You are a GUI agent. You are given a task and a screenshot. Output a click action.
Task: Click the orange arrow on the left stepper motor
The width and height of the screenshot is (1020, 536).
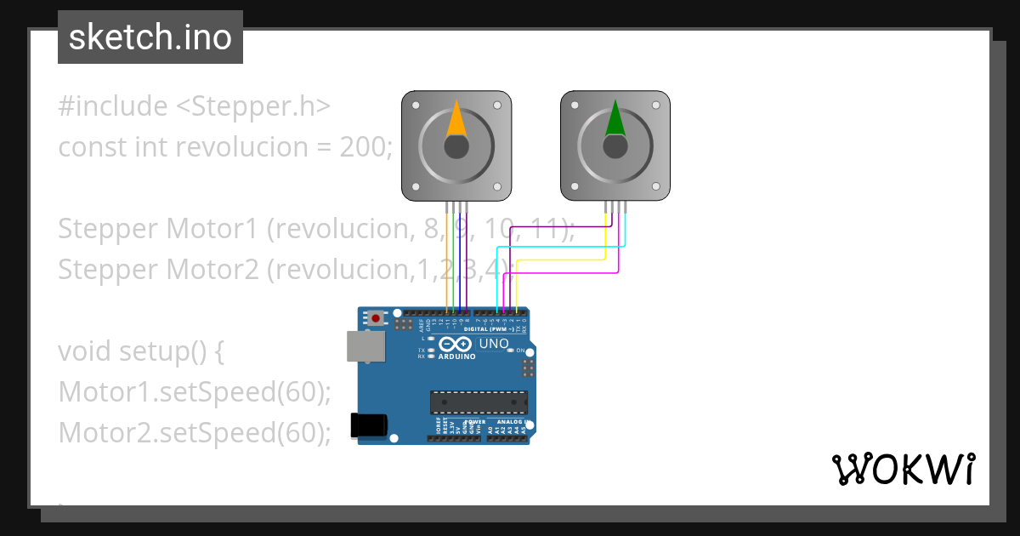point(456,121)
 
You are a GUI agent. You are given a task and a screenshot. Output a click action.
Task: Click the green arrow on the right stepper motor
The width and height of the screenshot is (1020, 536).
point(615,121)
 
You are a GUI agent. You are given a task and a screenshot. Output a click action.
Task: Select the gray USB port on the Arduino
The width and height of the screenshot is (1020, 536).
point(365,345)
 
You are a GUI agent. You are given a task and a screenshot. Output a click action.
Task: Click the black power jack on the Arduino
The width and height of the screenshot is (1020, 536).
point(370,425)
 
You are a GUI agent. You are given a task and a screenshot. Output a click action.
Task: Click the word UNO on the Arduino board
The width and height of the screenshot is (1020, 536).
point(494,344)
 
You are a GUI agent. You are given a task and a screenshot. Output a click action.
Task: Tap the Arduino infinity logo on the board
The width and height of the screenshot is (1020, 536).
point(456,345)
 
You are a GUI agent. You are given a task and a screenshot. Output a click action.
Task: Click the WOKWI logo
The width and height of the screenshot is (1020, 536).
point(903,469)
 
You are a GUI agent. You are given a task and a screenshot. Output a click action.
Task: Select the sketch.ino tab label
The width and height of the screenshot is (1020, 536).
point(150,37)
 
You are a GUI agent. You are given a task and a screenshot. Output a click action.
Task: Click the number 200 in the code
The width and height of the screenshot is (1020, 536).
point(365,147)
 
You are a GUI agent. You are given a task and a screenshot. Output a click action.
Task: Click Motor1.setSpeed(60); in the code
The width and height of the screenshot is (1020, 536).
point(195,392)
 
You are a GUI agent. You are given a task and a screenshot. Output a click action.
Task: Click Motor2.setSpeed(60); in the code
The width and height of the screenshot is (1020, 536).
point(195,433)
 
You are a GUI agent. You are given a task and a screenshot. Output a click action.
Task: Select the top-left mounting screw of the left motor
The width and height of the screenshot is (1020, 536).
point(416,106)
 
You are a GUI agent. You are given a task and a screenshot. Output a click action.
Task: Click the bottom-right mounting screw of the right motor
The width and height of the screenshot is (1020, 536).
point(656,186)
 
